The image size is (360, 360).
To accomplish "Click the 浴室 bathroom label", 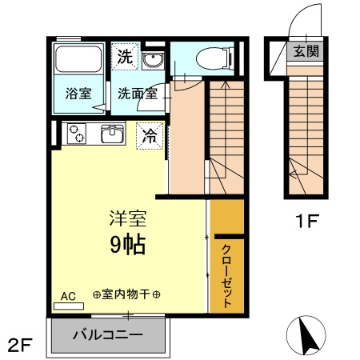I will coord(78,92).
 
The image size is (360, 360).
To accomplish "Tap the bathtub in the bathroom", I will coord(78,60).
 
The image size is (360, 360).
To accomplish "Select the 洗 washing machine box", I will coord(124,56).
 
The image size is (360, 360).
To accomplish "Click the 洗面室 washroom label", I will coord(137,92).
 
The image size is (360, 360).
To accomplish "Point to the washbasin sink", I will coord(153,60).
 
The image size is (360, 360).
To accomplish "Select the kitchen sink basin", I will coord(112,134).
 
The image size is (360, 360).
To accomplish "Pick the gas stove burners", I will coord(77,134).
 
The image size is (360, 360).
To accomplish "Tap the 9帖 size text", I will coord(127,244).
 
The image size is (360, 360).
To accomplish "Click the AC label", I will coord(68,295).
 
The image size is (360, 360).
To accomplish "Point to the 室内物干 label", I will coord(126,295).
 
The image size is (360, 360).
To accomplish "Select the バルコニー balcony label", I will coord(108,334).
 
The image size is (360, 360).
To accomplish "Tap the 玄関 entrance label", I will coord(305,53).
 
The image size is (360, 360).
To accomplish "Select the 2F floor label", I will coord(20,346).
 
